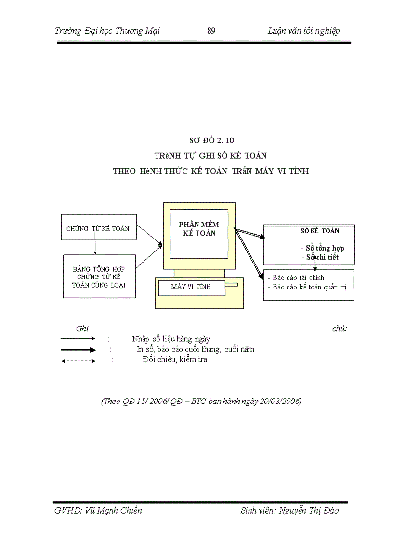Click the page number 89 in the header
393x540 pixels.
click(211, 31)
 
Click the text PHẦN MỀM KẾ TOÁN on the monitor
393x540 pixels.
click(199, 228)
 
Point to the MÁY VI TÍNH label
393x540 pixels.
click(191, 287)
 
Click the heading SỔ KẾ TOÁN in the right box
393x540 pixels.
click(320, 231)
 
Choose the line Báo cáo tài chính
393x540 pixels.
click(296, 277)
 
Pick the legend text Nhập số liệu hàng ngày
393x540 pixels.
click(171, 339)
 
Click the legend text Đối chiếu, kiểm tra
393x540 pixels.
click(175, 359)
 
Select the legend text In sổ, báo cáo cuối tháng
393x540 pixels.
click(195, 349)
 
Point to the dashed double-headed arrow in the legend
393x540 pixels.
click(79, 360)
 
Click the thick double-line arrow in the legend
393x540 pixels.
click(79, 350)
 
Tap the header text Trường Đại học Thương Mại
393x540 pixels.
click(107, 31)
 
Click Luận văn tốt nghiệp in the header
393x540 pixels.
click(303, 31)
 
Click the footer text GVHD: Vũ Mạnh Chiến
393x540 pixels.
click(98, 511)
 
